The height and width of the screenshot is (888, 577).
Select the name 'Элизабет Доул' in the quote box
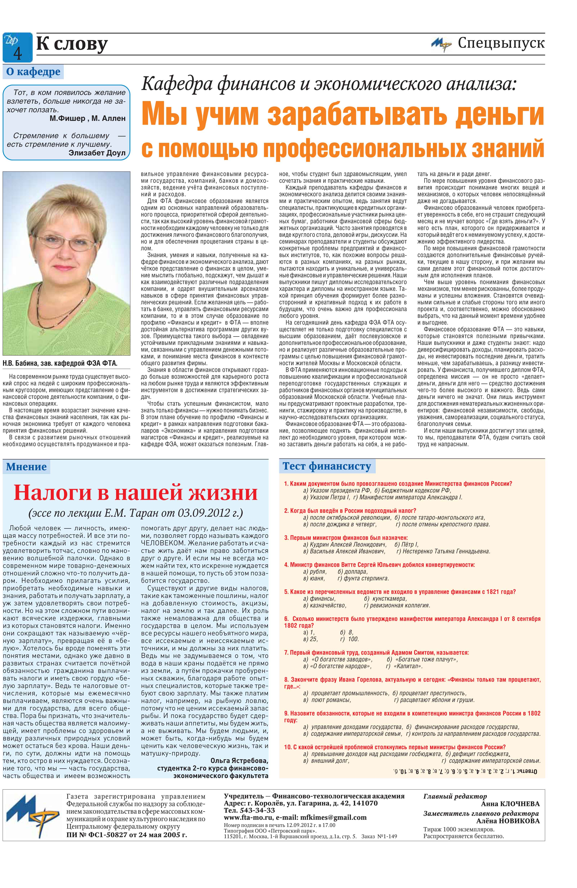tap(97, 153)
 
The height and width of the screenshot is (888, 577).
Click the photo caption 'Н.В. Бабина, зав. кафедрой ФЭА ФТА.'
tap(60, 363)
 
